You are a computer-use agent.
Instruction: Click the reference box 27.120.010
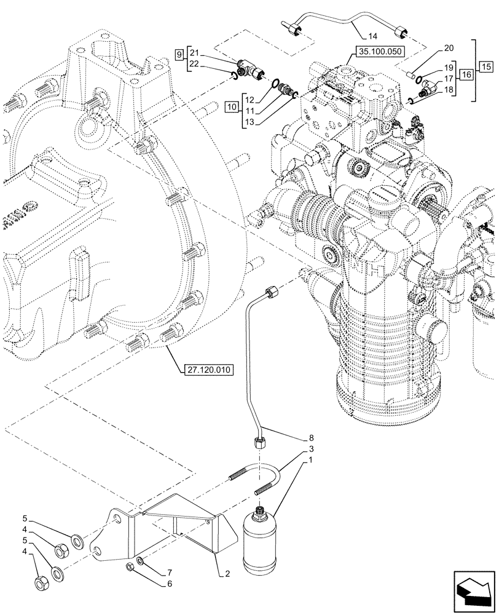click(x=206, y=370)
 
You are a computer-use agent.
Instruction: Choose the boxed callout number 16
click(x=465, y=74)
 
